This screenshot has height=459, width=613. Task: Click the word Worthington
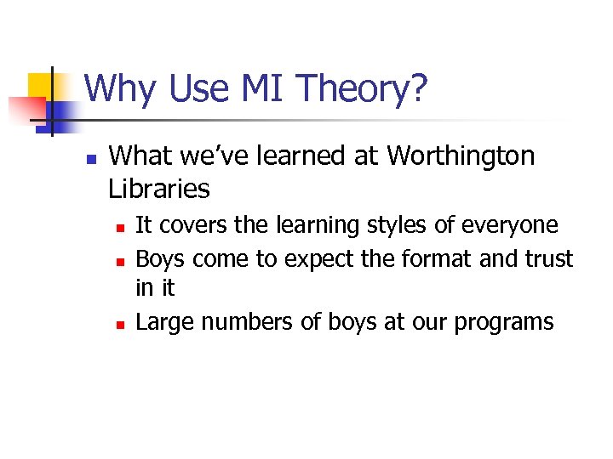(461, 156)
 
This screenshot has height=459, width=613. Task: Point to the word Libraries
(159, 189)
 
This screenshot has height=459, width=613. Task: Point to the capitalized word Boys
(160, 258)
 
